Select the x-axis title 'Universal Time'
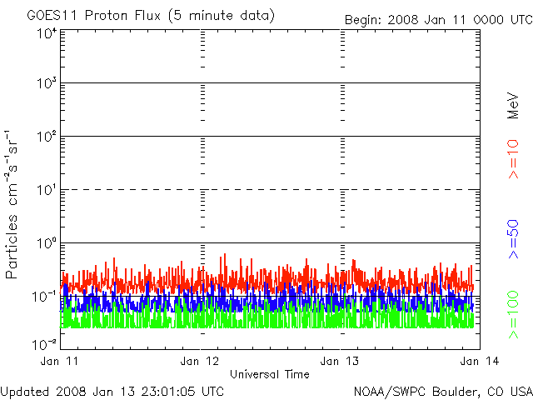point(269,374)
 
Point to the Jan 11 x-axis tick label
point(59,361)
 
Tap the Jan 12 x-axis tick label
point(199,361)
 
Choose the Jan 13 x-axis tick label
point(340,361)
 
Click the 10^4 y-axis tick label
point(46,34)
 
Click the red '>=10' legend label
point(513,158)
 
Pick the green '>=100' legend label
point(513,314)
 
